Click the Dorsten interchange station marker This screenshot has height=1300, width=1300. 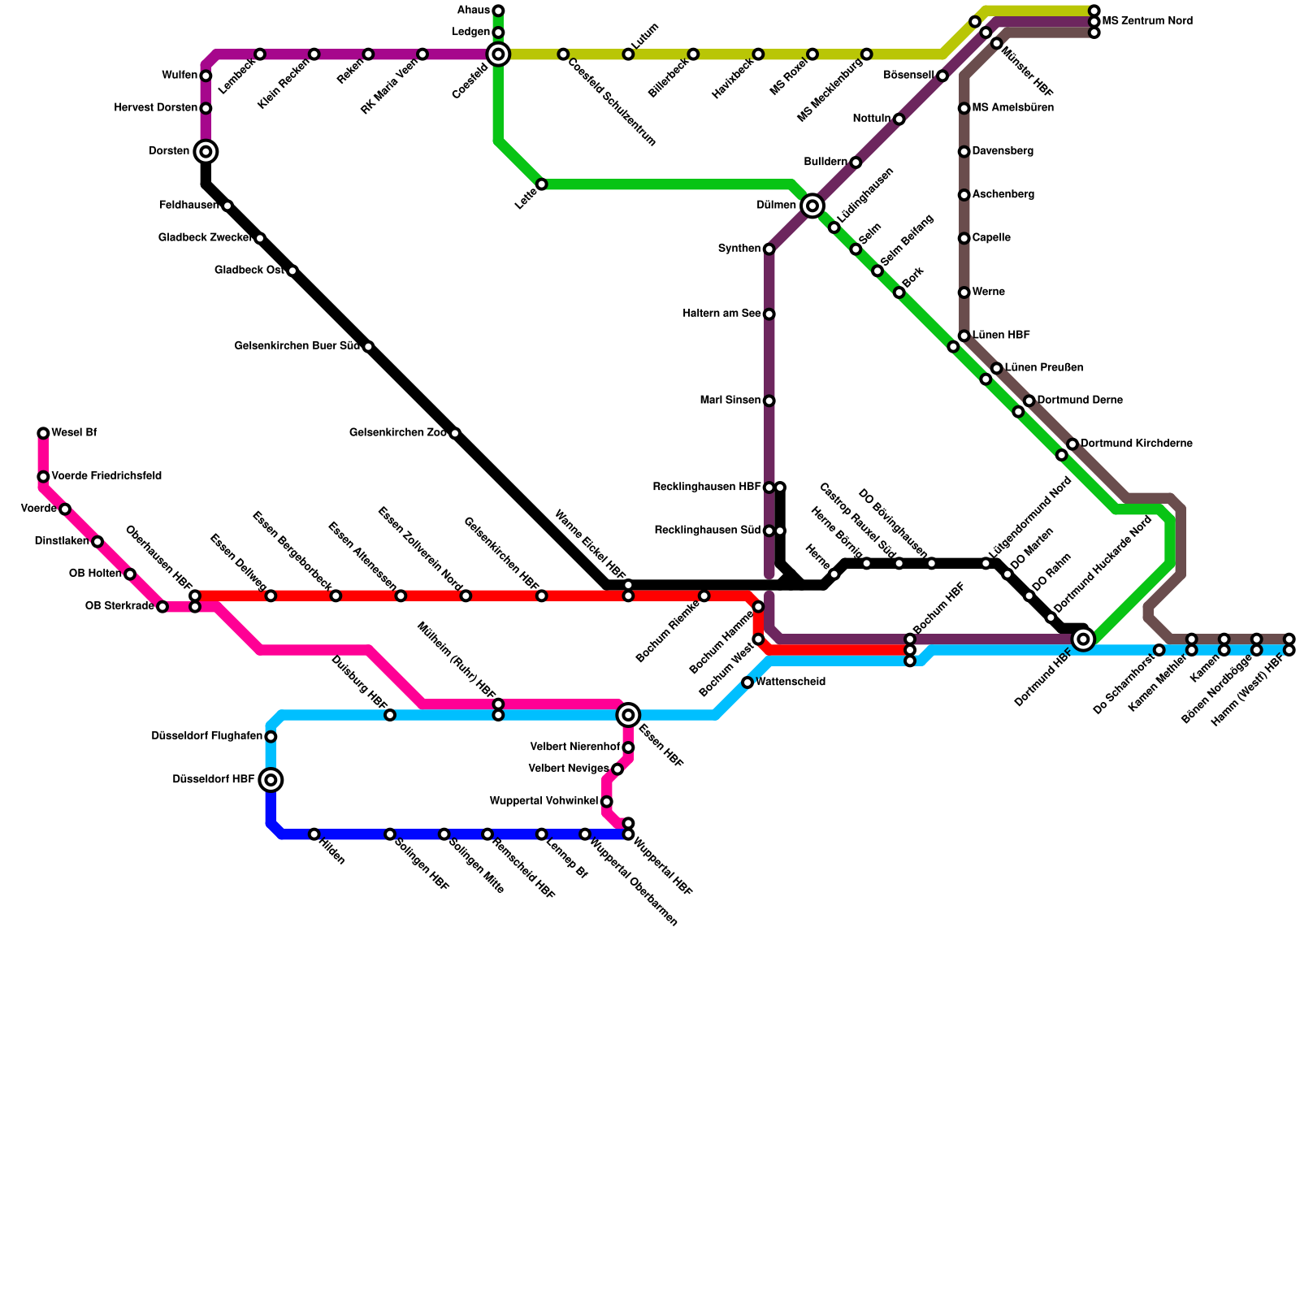click(206, 152)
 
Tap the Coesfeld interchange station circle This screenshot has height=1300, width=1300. click(498, 54)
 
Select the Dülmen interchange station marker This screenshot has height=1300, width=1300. click(812, 206)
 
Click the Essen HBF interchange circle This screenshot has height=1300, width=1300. click(628, 715)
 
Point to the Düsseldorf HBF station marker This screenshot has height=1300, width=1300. click(271, 780)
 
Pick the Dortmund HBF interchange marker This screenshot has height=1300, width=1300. click(1083, 639)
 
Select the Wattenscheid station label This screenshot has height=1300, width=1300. click(790, 682)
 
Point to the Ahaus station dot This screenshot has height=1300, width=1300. click(498, 11)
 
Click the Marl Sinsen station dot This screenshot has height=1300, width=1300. click(769, 401)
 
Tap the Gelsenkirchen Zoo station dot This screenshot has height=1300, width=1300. click(455, 433)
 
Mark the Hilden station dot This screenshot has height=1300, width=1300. click(314, 834)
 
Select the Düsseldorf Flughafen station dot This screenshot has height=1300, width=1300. click(271, 737)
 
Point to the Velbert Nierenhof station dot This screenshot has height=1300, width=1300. click(628, 747)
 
